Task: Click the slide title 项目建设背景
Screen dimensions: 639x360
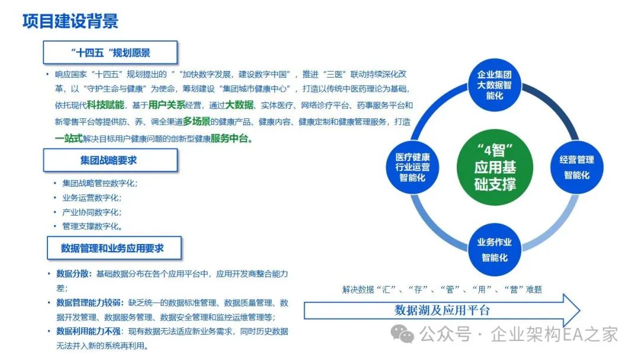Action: click(x=70, y=21)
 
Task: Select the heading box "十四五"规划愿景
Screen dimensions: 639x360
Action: click(x=110, y=53)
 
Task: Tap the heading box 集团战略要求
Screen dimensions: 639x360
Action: click(x=109, y=160)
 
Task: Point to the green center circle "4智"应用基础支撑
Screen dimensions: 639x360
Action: click(x=494, y=166)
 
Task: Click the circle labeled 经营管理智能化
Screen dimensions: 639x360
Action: click(x=576, y=167)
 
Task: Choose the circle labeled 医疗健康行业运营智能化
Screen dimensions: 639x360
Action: click(x=413, y=167)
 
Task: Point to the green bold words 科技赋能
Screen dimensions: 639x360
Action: click(x=105, y=105)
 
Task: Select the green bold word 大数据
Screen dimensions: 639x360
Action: click(x=239, y=105)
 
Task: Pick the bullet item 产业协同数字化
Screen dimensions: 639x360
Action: click(x=92, y=212)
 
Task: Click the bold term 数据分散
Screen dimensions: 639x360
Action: click(x=73, y=274)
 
